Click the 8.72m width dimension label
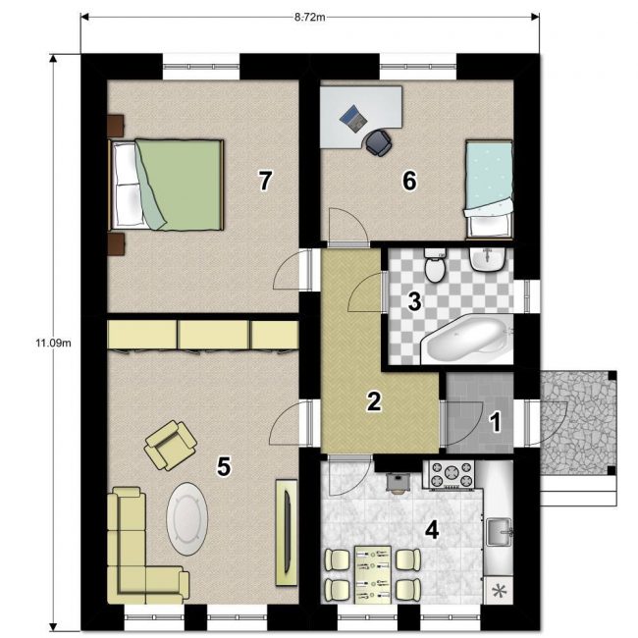309,18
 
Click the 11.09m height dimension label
53,343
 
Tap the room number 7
265,181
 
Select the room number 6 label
409,181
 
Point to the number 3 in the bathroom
414,302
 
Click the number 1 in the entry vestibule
495,422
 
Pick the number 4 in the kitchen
432,530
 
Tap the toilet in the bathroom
435,265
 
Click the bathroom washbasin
488,259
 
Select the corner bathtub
466,340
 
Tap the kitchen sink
500,531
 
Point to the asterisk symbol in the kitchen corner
499,591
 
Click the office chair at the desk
379,142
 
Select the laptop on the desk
353,119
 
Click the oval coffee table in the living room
187,519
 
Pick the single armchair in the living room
170,446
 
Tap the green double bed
166,186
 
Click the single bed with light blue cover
489,188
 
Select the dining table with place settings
373,575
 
